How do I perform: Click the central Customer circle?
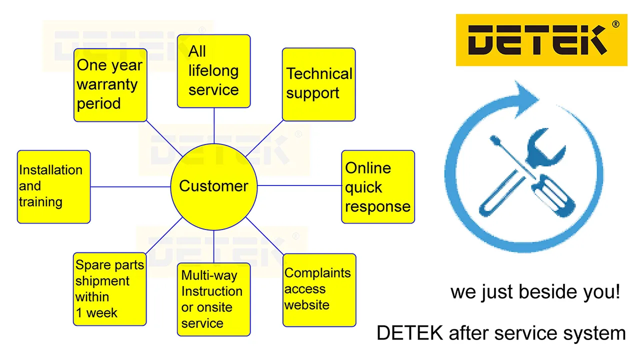[x=213, y=186]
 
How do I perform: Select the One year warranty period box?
[x=110, y=85]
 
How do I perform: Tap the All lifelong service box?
[x=213, y=71]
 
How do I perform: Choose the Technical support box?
[x=318, y=84]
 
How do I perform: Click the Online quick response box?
[x=378, y=186]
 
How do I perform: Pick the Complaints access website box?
[x=319, y=290]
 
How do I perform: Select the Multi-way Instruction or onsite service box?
[x=213, y=299]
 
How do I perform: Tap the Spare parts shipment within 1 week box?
[x=110, y=289]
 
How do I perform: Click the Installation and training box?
[x=53, y=186]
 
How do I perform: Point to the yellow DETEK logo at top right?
[x=541, y=40]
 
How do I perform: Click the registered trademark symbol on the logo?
[x=615, y=23]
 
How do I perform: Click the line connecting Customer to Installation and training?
[x=130, y=186]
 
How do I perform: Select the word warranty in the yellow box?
[x=106, y=84]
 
